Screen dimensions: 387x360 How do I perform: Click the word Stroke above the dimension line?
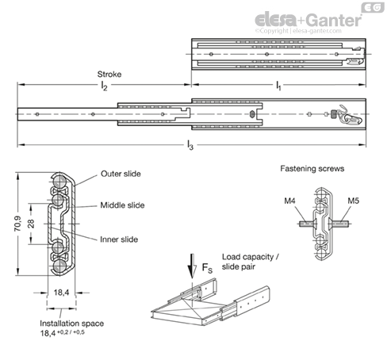pyautogui.click(x=109, y=75)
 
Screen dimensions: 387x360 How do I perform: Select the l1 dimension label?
pyautogui.click(x=278, y=86)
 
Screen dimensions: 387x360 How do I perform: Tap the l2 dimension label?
pyautogui.click(x=104, y=86)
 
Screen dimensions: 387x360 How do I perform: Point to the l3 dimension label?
pyautogui.click(x=190, y=145)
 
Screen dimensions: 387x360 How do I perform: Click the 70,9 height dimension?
pyautogui.click(x=17, y=224)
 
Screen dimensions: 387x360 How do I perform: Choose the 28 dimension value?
pyautogui.click(x=31, y=224)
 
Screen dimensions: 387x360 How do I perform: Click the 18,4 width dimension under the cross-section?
pyautogui.click(x=61, y=293)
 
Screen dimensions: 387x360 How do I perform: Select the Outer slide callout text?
pyautogui.click(x=121, y=174)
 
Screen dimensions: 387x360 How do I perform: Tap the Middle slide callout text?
pyautogui.click(x=122, y=205)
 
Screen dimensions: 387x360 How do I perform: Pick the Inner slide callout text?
pyautogui.click(x=119, y=239)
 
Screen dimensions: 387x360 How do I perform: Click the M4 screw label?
pyautogui.click(x=289, y=201)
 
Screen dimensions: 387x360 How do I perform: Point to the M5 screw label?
pyautogui.click(x=353, y=201)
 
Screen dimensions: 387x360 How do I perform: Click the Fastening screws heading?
pyautogui.click(x=312, y=169)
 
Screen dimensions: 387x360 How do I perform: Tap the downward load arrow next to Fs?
pyautogui.click(x=192, y=266)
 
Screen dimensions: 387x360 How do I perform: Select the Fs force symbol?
pyautogui.click(x=207, y=268)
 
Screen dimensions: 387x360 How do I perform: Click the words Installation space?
pyautogui.click(x=71, y=324)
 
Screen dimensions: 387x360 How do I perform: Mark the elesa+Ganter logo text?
pyautogui.click(x=308, y=20)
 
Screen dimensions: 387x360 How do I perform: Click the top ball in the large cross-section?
pyautogui.click(x=59, y=181)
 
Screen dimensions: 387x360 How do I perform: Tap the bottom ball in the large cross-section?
pyautogui.click(x=59, y=266)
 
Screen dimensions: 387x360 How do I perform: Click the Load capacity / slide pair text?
pyautogui.click(x=250, y=262)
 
